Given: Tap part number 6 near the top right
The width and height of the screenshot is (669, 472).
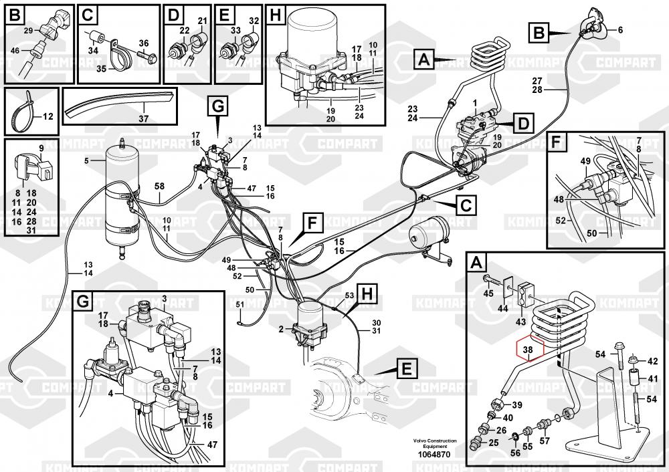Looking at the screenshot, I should click(619, 30).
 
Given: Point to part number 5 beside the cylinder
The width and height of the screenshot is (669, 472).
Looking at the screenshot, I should click(86, 160).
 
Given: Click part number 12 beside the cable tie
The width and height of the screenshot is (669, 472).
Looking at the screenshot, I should click(47, 116).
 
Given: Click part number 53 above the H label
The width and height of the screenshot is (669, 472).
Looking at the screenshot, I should click(349, 295).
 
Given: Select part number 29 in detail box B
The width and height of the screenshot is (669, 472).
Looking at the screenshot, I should click(27, 31).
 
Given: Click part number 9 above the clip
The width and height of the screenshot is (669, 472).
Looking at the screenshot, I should click(41, 148).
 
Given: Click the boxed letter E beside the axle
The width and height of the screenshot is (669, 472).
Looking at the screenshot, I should click(406, 367).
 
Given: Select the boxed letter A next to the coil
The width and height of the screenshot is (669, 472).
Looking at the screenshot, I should click(424, 60).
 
